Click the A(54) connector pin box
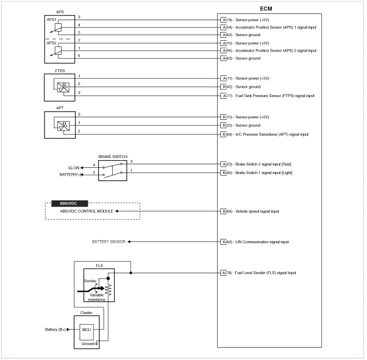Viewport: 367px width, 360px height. pos(223,27)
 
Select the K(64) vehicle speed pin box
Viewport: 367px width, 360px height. pos(223,211)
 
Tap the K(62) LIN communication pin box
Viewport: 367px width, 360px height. pos(223,242)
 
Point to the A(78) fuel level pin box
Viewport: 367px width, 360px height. pos(223,273)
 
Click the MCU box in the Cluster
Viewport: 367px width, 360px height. pos(86,329)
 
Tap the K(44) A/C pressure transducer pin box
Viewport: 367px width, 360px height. pos(223,134)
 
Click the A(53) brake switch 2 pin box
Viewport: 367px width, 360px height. pos(223,164)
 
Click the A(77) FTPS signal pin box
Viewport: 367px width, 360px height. pos(223,96)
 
